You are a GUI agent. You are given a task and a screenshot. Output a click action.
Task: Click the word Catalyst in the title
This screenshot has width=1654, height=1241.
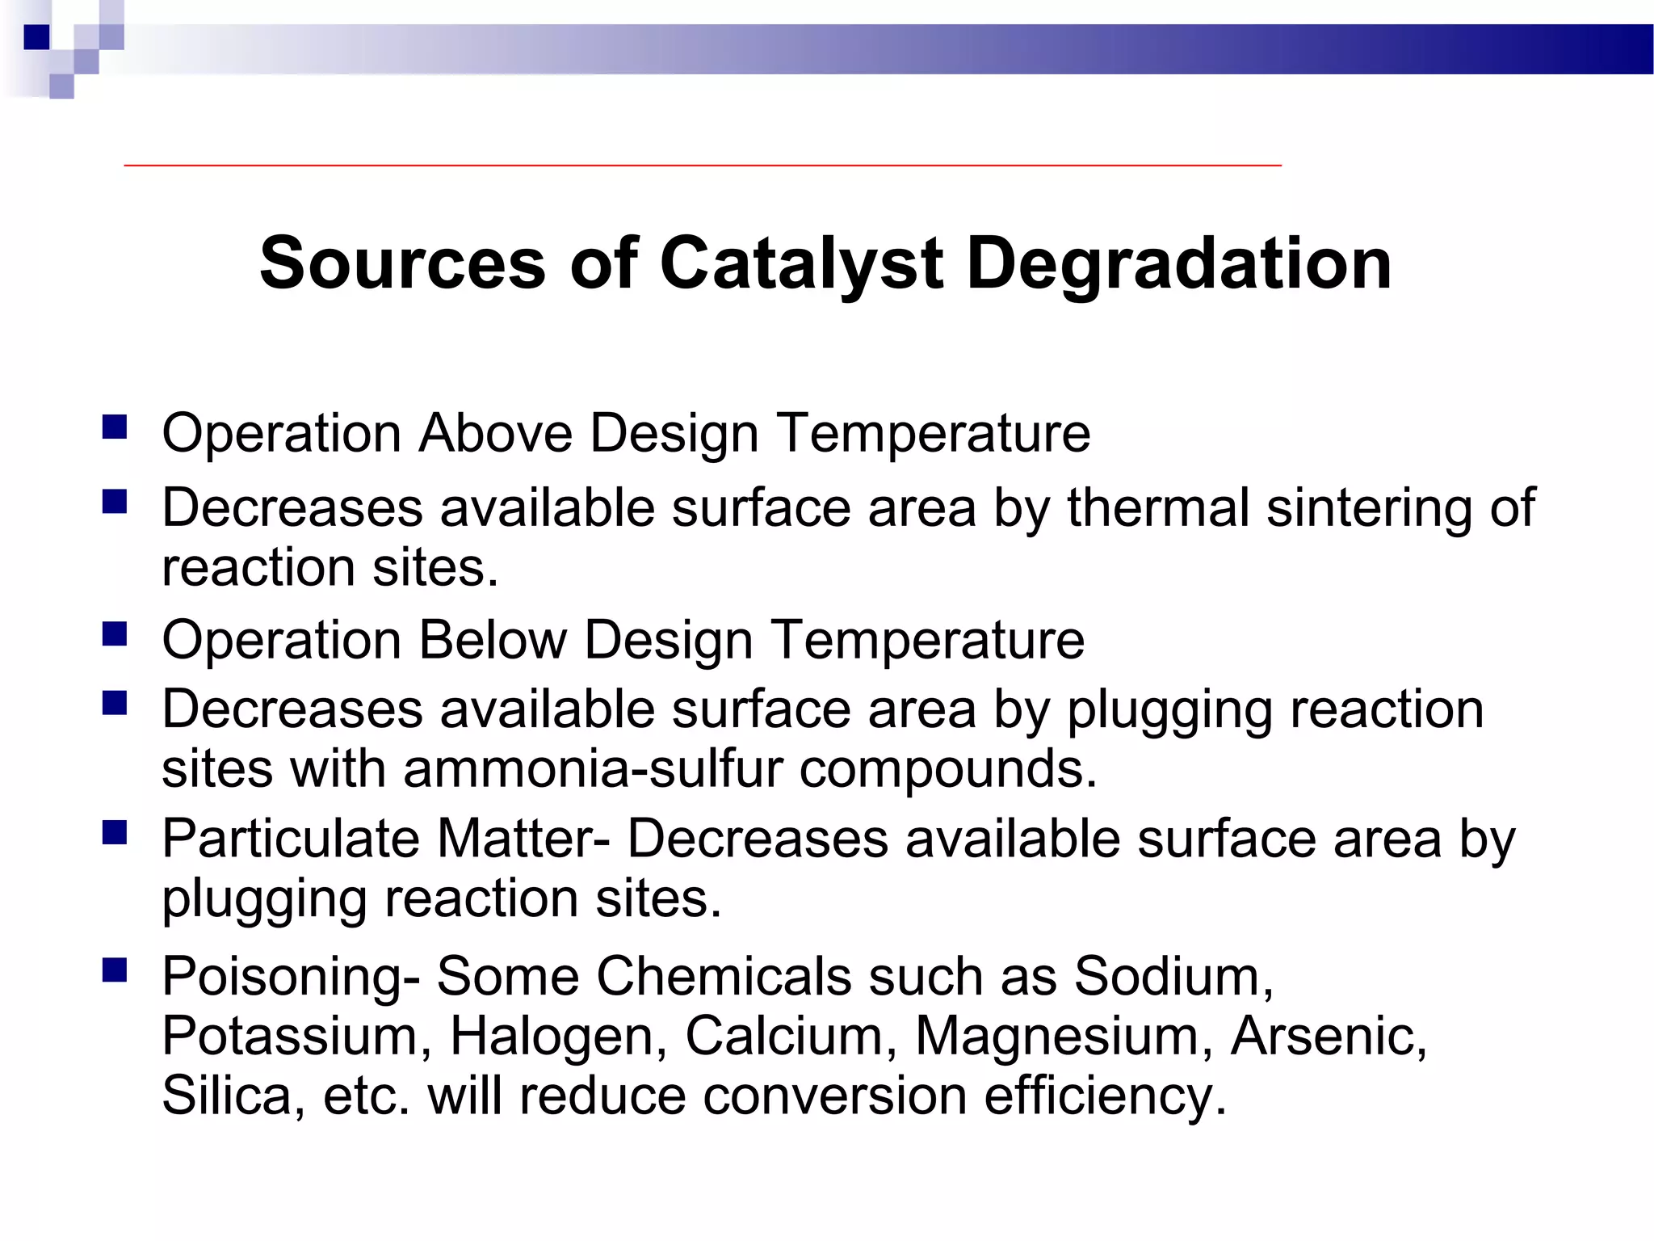[x=801, y=263]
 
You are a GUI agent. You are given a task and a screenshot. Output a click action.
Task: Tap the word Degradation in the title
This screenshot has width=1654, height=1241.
[x=1179, y=263]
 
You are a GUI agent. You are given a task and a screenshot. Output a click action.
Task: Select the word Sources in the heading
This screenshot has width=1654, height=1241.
[x=402, y=263]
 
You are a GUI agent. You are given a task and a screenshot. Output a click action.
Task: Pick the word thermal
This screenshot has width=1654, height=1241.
[x=1158, y=508]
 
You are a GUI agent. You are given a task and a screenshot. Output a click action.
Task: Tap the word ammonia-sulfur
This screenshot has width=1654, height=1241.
[x=593, y=768]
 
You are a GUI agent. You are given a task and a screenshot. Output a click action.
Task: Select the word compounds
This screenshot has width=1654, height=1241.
[x=948, y=768]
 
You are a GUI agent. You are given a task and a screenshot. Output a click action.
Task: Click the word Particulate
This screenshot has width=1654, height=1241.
[x=290, y=839]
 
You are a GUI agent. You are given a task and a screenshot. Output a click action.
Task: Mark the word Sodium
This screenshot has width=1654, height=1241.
[x=1173, y=977]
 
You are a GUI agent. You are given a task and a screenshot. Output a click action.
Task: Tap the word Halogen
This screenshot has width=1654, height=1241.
[x=558, y=1036]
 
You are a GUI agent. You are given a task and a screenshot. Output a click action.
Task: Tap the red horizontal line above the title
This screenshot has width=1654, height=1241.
[x=703, y=165]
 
